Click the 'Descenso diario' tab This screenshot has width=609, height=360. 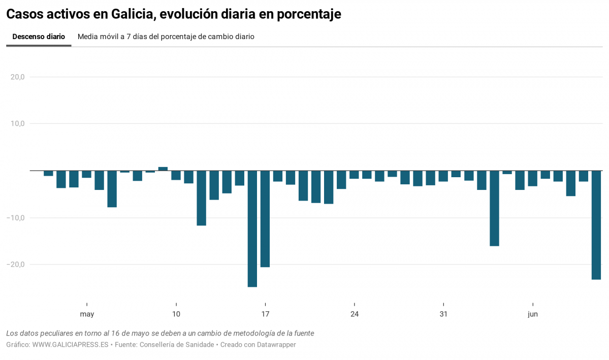(39, 37)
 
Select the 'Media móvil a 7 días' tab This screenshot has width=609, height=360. (166, 37)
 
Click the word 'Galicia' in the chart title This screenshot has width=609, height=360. (133, 14)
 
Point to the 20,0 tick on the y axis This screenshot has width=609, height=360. (17, 77)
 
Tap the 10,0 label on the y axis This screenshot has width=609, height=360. (17, 124)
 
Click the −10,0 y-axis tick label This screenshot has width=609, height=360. (15, 218)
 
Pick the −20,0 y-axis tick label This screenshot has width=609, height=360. (15, 265)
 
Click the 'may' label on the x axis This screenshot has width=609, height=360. (87, 314)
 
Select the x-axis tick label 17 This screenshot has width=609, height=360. (265, 314)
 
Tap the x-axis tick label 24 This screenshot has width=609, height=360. (355, 314)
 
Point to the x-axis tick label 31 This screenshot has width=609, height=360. (443, 314)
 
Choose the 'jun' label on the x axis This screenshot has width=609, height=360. (532, 314)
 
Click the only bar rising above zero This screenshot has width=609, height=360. (163, 169)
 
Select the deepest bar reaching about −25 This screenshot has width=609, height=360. (252, 228)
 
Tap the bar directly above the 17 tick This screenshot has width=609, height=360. (265, 218)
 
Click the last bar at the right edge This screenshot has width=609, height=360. (596, 225)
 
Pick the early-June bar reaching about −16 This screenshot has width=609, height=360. (494, 208)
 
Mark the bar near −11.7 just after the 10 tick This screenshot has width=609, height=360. (202, 198)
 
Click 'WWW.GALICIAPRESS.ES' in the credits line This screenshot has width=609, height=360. (70, 345)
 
